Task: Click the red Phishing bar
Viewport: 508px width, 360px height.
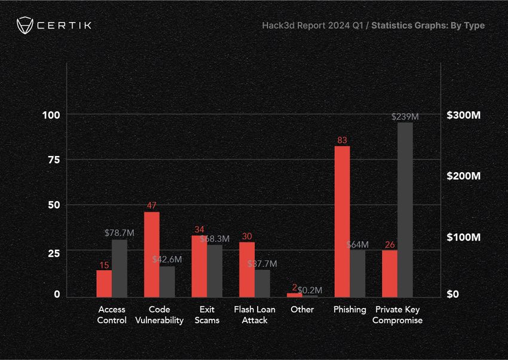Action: coord(342,221)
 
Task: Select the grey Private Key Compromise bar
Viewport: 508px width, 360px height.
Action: coord(405,209)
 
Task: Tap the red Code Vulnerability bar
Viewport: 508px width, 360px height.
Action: coord(152,254)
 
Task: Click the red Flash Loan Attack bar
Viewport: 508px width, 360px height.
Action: coord(247,269)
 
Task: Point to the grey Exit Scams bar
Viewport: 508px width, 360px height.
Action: coord(215,270)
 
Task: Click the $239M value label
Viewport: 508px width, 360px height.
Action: coord(405,117)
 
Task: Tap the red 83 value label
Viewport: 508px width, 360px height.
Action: coord(342,141)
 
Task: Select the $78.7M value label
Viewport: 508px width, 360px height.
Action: coord(120,232)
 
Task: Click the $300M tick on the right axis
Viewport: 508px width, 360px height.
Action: coord(464,115)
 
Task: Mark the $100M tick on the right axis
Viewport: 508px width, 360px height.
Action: coord(464,237)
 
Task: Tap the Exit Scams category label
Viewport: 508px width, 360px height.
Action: coord(207,315)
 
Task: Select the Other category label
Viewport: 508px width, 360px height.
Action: coord(302,309)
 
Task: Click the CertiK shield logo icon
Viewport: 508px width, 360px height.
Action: coord(25,26)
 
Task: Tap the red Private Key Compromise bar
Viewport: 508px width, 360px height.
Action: coord(389,273)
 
